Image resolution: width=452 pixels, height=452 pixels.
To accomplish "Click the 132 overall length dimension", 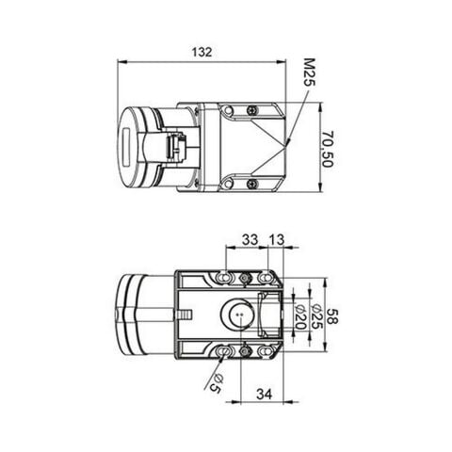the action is click(x=202, y=52).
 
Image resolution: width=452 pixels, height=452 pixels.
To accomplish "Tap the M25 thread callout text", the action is click(x=309, y=73).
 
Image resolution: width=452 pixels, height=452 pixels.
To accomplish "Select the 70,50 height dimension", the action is click(x=327, y=149).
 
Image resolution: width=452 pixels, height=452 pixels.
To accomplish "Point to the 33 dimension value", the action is click(x=250, y=239).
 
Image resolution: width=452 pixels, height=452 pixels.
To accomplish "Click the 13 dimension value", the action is click(x=277, y=240).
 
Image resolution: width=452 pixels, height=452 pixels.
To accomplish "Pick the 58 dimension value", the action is click(x=332, y=316).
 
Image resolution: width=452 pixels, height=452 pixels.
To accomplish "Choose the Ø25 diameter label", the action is click(x=316, y=316).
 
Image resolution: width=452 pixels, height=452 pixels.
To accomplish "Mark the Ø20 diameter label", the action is click(x=300, y=316).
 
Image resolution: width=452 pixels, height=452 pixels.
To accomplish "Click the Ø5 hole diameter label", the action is click(x=217, y=384).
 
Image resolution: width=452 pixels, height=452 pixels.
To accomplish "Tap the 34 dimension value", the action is click(x=264, y=394).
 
